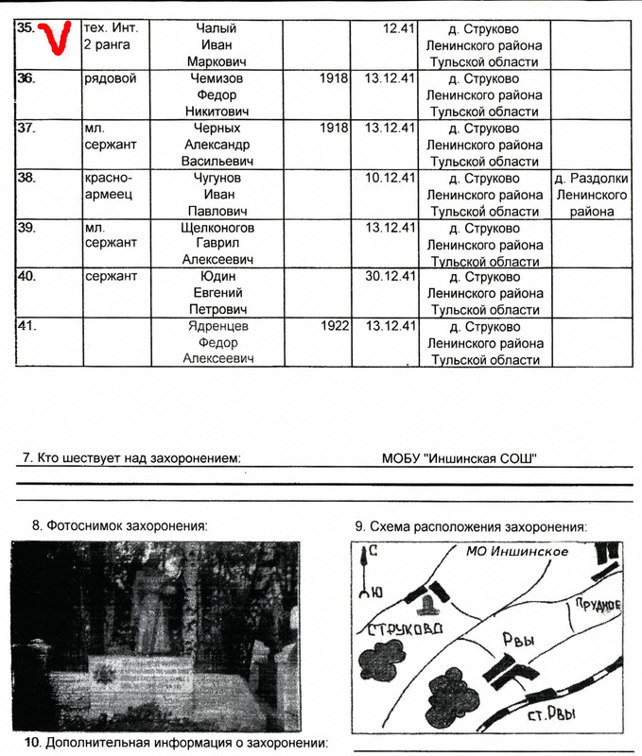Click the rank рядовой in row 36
pyautogui.click(x=110, y=78)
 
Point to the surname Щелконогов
pyautogui.click(x=222, y=228)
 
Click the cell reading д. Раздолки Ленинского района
pyautogui.click(x=591, y=195)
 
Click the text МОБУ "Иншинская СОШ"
pyautogui.click(x=460, y=459)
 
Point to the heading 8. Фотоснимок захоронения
pyautogui.click(x=119, y=525)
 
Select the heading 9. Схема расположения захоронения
pyautogui.click(x=471, y=526)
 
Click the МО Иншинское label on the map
pyautogui.click(x=517, y=552)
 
